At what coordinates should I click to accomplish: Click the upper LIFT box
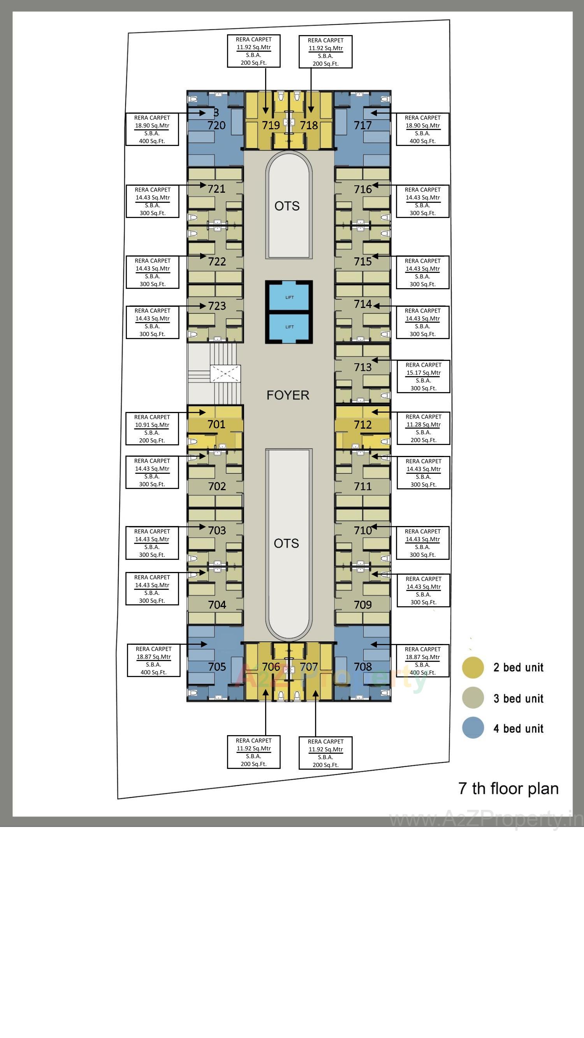(x=289, y=297)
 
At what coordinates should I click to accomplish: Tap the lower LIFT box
(x=289, y=327)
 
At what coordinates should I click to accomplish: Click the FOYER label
(x=288, y=395)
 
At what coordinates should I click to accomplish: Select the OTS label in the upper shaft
(x=287, y=206)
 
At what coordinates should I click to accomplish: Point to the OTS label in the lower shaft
(x=286, y=544)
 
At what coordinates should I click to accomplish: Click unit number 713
(x=363, y=368)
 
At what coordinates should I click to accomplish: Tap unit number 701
(x=216, y=424)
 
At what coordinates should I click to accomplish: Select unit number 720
(x=216, y=125)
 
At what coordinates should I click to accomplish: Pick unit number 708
(x=363, y=667)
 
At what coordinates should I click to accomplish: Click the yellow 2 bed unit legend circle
(x=473, y=668)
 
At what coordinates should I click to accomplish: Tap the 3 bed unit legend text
(x=518, y=698)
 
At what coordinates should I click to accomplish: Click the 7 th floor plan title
(x=508, y=788)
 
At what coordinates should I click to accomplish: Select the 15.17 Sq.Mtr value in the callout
(x=423, y=373)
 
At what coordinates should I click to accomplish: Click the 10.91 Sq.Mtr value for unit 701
(x=152, y=425)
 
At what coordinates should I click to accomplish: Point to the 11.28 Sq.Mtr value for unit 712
(x=423, y=424)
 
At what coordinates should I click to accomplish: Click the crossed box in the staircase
(x=225, y=373)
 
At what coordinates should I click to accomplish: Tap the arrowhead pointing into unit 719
(x=266, y=110)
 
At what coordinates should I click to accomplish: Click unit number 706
(x=271, y=667)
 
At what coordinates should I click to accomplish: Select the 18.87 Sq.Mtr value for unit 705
(x=153, y=657)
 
